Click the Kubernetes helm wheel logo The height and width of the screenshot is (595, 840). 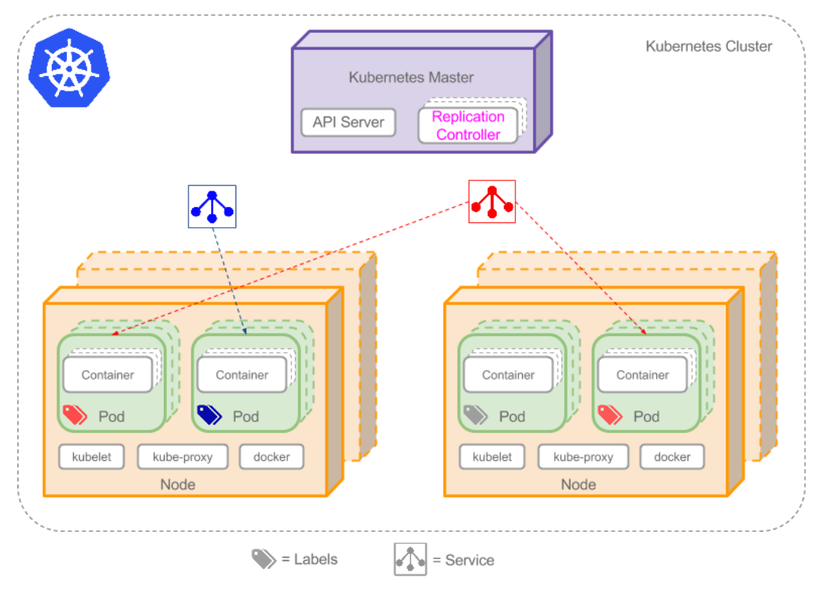69,67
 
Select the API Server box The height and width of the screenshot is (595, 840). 348,123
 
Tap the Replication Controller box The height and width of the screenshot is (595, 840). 468,126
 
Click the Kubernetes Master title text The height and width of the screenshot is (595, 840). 411,78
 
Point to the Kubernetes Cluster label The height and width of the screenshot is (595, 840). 709,46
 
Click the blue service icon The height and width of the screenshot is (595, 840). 212,206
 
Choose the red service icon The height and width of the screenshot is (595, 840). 492,202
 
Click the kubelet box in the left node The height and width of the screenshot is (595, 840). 91,457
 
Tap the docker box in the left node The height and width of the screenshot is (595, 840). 271,457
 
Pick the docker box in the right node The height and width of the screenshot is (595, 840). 672,457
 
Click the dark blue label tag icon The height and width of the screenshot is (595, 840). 209,415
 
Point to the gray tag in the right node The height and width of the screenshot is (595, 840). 476,415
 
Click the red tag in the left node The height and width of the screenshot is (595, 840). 75,415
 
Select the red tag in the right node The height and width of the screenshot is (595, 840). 610,415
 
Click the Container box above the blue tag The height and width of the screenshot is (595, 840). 242,375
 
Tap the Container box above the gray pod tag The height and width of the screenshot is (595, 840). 508,375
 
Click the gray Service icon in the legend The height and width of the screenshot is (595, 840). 410,560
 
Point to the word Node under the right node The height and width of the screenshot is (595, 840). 578,485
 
